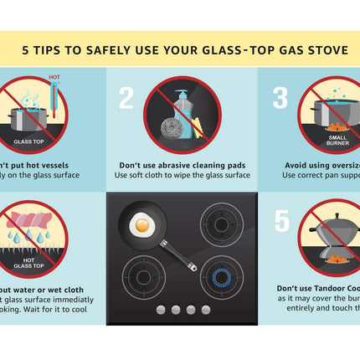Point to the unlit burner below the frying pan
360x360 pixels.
tap(139, 276)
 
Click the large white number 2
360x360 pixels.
tap(126, 99)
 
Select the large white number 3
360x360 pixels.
tap(280, 99)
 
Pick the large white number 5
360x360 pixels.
tap(283, 221)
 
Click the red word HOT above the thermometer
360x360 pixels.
tap(54, 77)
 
